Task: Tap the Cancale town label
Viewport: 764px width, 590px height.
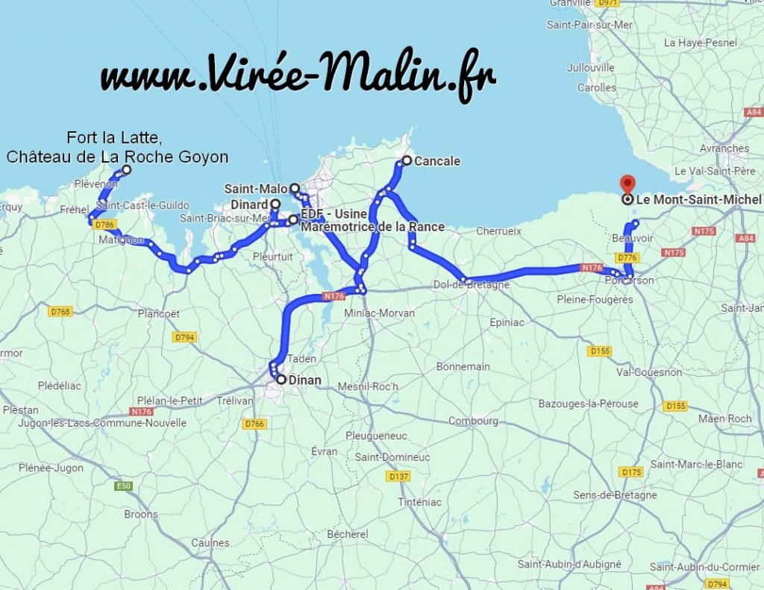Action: click(437, 161)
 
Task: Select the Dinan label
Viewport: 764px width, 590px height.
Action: click(304, 380)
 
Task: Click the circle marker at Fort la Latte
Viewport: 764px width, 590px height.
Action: click(126, 170)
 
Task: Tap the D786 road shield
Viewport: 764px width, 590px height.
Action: click(106, 225)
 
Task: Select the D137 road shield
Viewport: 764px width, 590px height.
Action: click(399, 476)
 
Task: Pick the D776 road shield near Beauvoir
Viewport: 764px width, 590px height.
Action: click(627, 258)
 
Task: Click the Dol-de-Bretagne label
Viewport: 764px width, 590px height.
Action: click(472, 285)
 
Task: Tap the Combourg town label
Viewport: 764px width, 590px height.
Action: click(473, 421)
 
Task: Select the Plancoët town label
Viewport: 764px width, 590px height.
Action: click(158, 314)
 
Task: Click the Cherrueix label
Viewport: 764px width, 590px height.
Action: click(498, 231)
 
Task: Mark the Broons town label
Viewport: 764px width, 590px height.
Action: click(141, 514)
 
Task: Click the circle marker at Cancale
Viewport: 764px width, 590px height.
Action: click(407, 160)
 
